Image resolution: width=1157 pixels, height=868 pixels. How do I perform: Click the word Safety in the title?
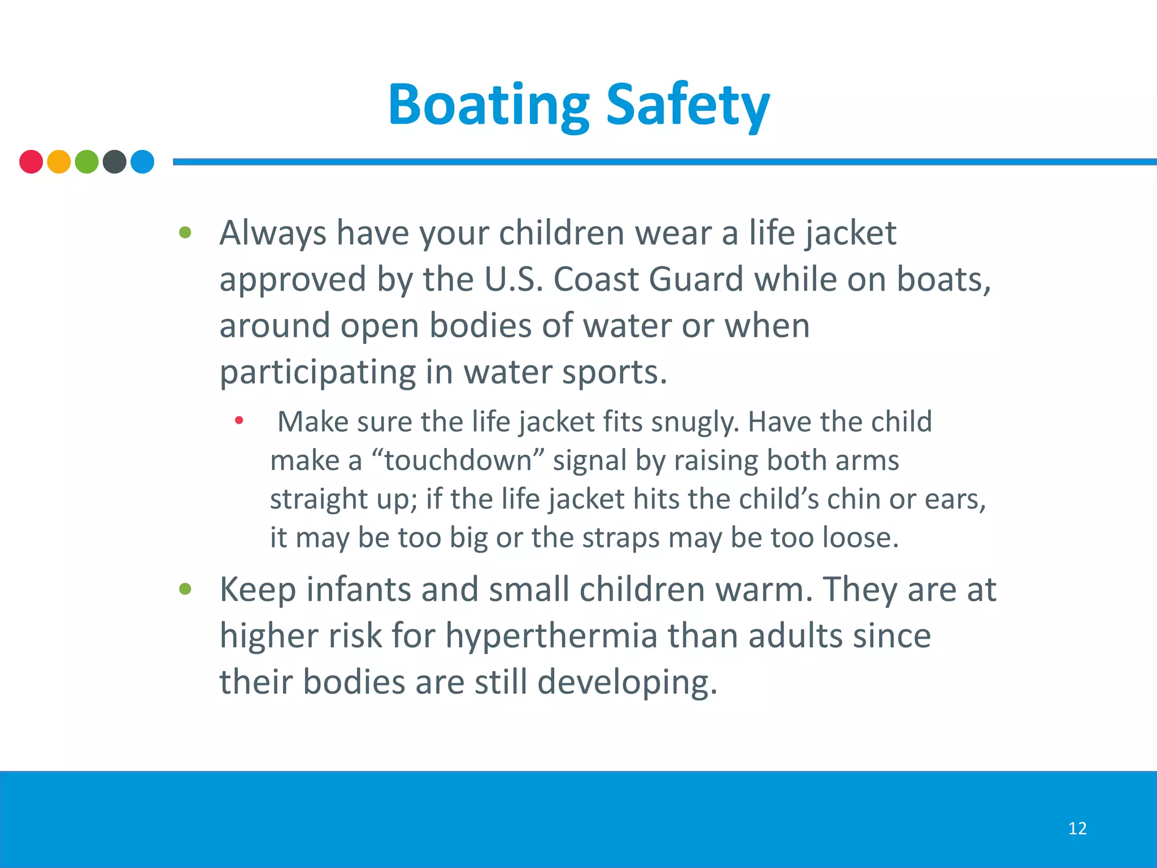tap(688, 106)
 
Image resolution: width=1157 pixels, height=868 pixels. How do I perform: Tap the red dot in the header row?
tap(31, 162)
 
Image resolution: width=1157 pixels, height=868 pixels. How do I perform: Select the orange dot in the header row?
tap(59, 162)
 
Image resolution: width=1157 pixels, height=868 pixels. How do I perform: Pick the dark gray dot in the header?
tap(115, 162)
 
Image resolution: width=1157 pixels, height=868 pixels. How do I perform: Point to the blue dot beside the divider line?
tap(142, 162)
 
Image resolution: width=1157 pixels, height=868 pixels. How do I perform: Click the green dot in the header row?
tap(86, 162)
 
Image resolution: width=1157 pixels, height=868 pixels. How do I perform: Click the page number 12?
tap(1077, 828)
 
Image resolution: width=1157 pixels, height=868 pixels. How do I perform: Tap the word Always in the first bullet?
tap(273, 233)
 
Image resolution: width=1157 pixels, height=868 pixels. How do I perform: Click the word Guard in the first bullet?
tap(695, 279)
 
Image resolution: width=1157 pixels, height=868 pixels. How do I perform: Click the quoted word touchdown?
tap(458, 461)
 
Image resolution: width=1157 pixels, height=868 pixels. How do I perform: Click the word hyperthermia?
tap(551, 636)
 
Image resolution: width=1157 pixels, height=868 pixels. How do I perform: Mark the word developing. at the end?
tap(627, 682)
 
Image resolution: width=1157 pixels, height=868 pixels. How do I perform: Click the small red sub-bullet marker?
tap(239, 420)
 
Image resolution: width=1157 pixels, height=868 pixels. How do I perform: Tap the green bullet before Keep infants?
tap(185, 589)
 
